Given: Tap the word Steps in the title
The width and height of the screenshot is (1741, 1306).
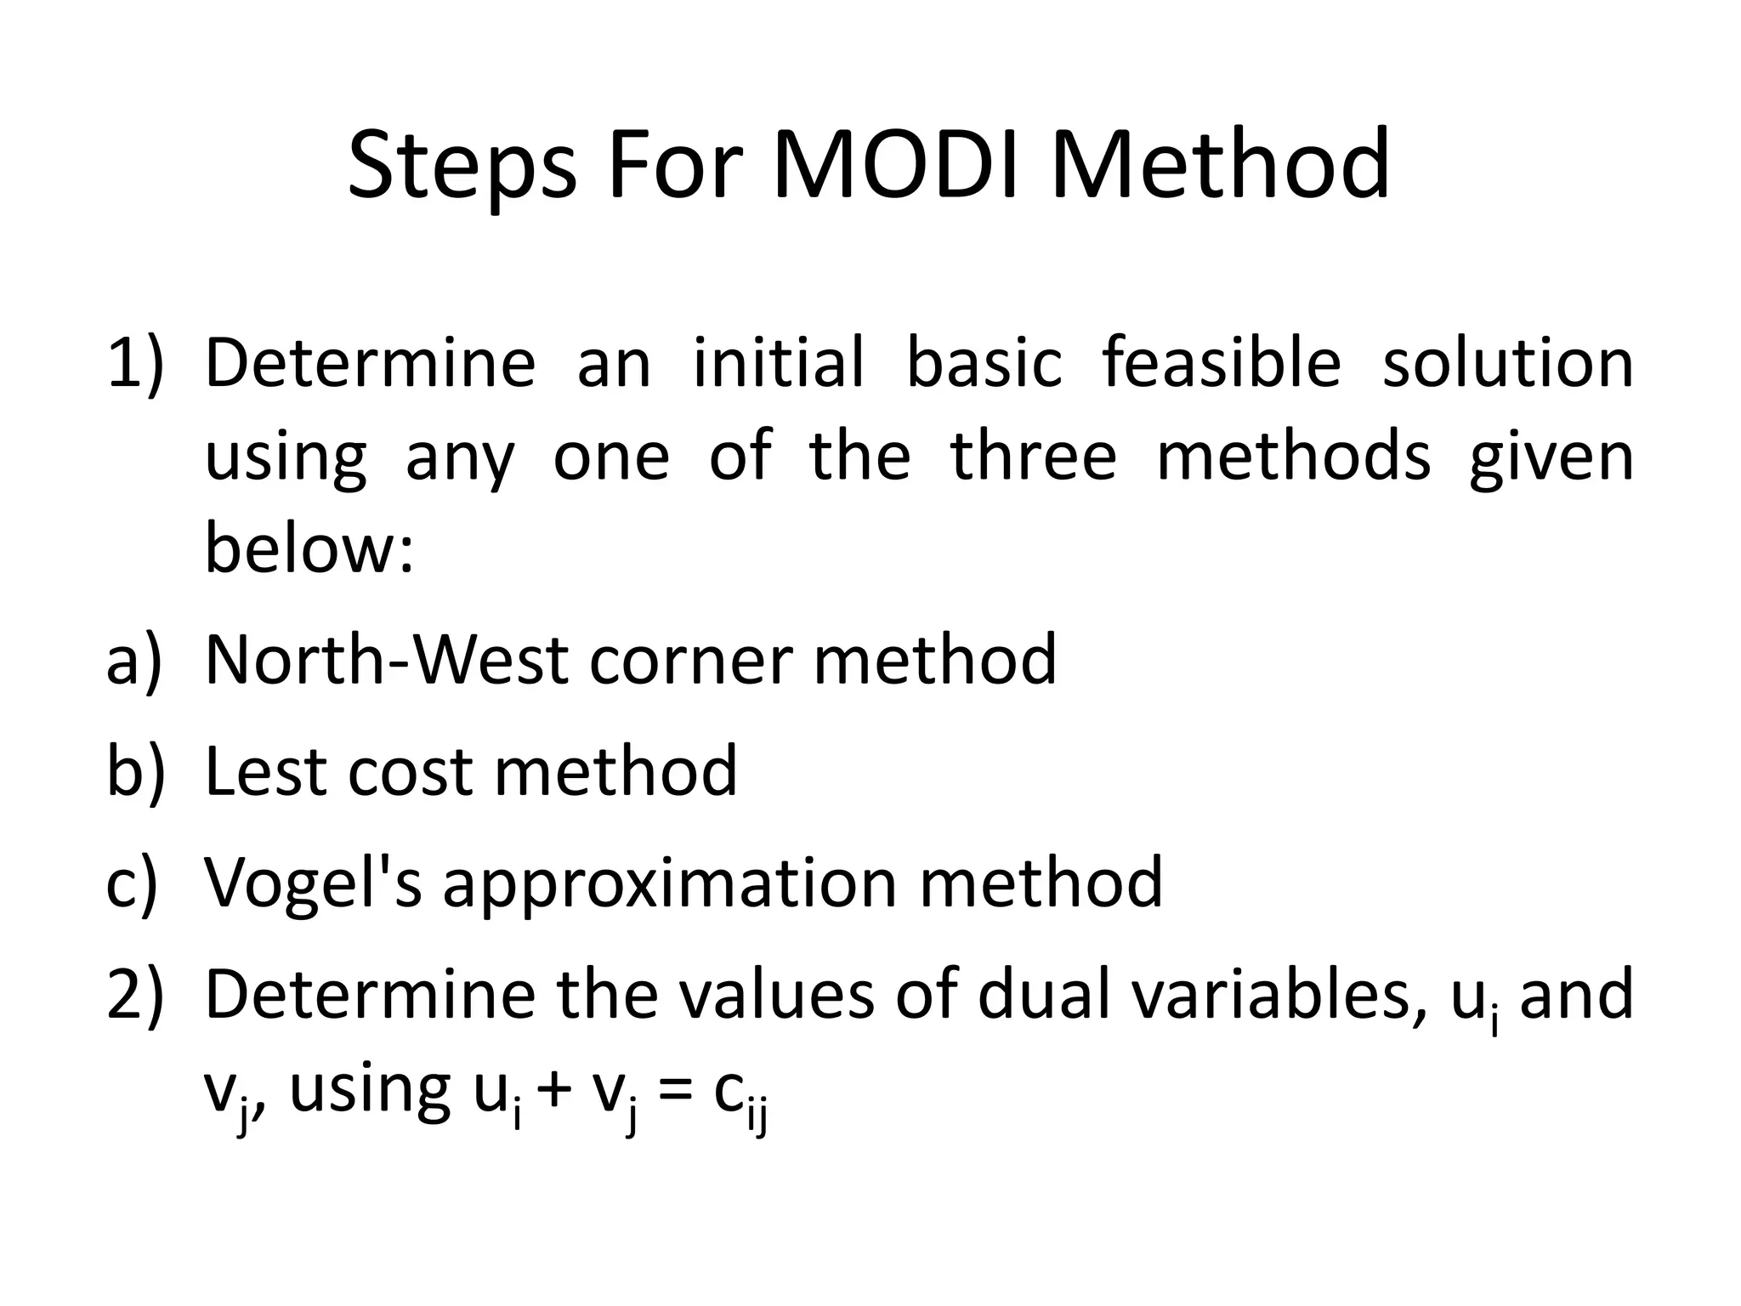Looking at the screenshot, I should click(x=462, y=167).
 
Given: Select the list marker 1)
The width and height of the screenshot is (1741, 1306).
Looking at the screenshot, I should click(x=134, y=364).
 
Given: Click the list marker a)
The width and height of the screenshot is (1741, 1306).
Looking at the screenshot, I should click(x=134, y=661).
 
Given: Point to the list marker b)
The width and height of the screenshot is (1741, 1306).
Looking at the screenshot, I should click(x=134, y=771).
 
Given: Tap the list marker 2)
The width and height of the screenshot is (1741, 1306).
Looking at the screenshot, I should click(x=134, y=995).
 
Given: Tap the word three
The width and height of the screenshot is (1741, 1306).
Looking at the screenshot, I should click(x=1033, y=457).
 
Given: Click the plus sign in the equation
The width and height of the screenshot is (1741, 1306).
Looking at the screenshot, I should click(x=554, y=1092).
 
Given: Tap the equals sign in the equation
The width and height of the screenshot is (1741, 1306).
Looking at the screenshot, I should click(x=675, y=1092).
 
